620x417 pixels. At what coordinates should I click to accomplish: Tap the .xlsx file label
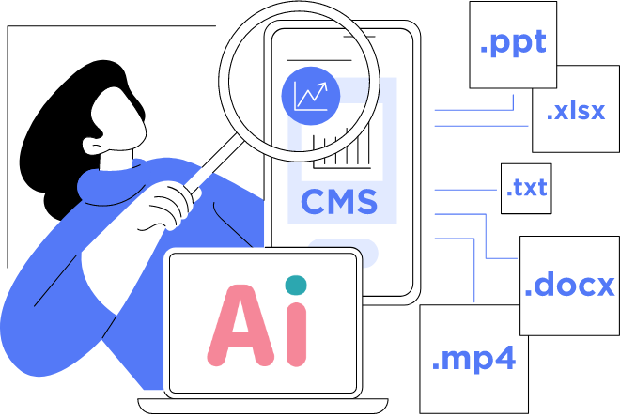pyautogui.click(x=576, y=112)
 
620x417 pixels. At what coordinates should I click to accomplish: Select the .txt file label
pyautogui.click(x=526, y=187)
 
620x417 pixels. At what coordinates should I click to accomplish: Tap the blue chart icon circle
pyautogui.click(x=309, y=94)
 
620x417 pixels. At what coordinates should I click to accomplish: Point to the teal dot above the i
pyautogui.click(x=296, y=284)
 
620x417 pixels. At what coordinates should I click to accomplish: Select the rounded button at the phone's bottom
pyautogui.click(x=343, y=252)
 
